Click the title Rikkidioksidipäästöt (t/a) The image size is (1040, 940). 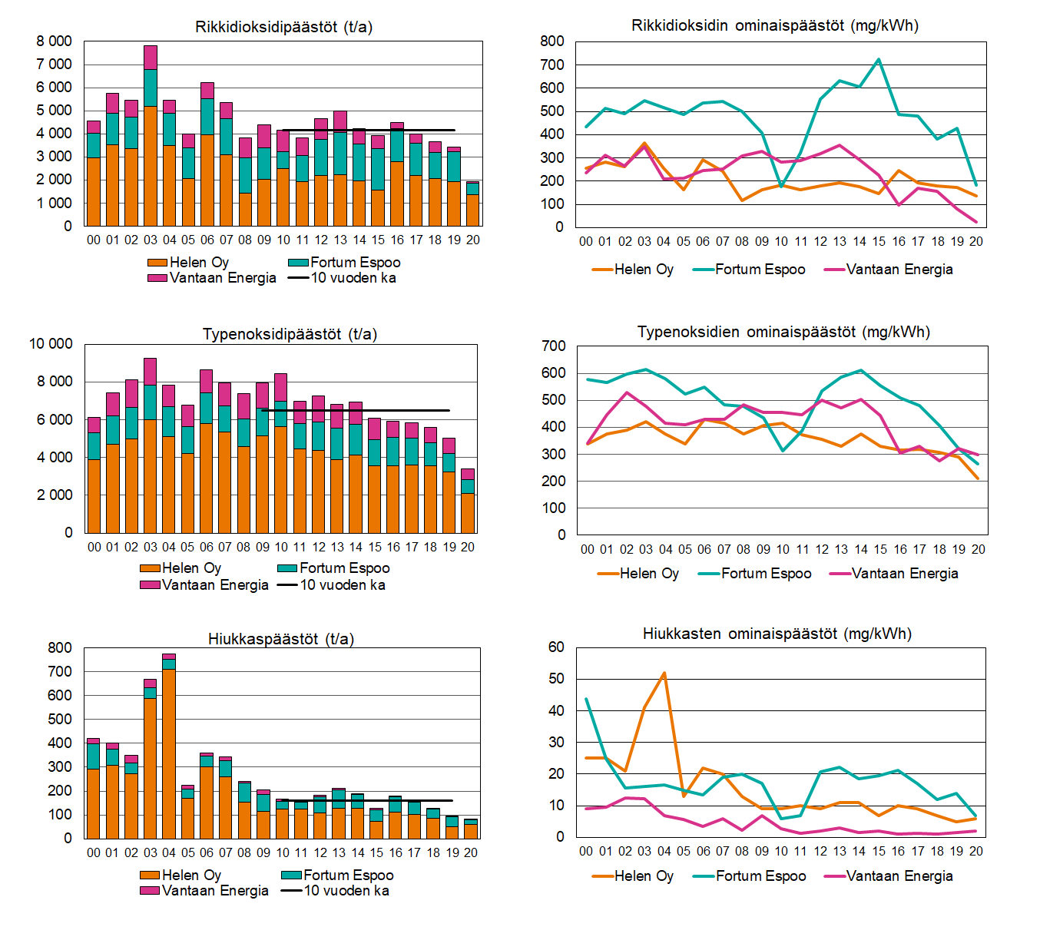(283, 27)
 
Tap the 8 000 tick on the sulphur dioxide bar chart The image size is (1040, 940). (54, 41)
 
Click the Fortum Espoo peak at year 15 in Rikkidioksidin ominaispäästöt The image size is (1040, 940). (879, 59)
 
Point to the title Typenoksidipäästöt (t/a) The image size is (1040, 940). (290, 334)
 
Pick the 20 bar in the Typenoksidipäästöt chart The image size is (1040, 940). (468, 507)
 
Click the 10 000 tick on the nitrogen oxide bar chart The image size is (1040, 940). (51, 344)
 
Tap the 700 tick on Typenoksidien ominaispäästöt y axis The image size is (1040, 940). (553, 346)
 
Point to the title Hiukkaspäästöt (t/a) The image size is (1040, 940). (280, 639)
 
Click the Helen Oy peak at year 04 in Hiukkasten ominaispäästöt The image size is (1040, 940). (664, 674)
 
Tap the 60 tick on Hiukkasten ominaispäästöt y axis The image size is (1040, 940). (556, 647)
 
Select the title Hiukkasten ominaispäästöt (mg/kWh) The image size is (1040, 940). (777, 634)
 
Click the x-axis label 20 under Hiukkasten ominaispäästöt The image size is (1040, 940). (975, 851)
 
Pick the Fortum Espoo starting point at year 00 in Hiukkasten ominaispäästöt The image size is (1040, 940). (586, 699)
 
